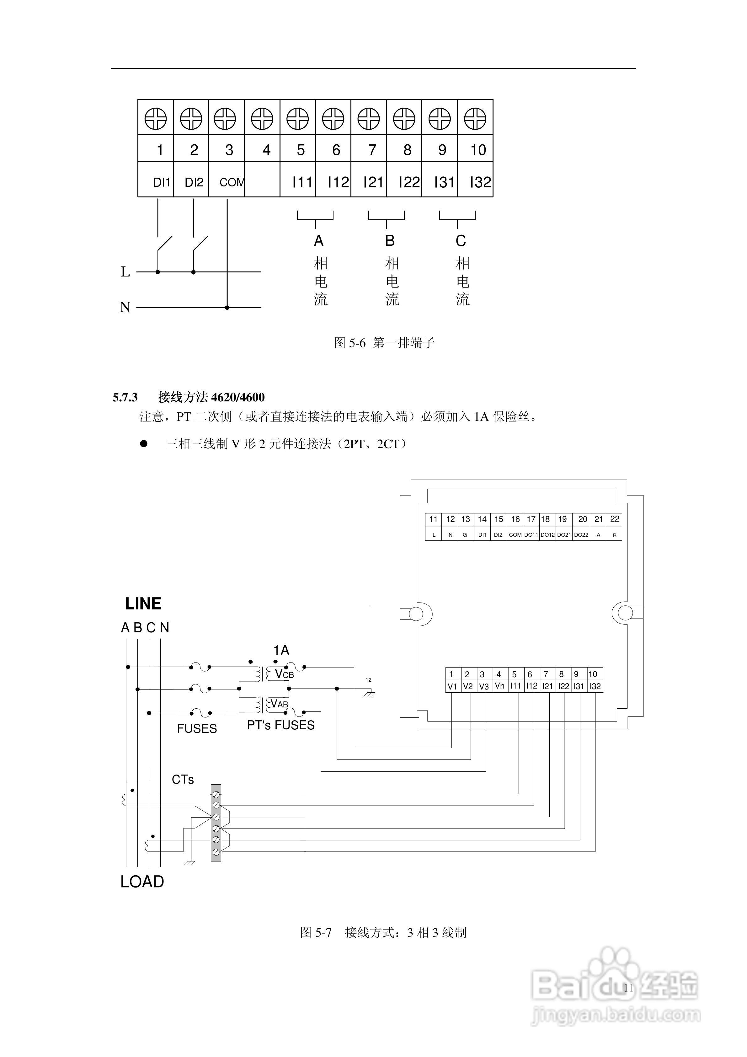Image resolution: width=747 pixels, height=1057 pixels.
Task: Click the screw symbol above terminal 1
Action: [x=156, y=119]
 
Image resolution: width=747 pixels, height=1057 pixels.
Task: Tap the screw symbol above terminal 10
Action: [x=475, y=119]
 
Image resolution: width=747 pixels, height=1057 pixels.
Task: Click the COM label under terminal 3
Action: [x=232, y=182]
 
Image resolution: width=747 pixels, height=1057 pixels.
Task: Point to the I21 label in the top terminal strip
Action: [x=373, y=182]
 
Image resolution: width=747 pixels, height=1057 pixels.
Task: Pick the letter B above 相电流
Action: [x=390, y=241]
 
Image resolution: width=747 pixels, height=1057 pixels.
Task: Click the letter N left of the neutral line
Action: [x=125, y=307]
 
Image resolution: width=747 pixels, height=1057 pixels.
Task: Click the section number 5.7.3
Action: [x=125, y=397]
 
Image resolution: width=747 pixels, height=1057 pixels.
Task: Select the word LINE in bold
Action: [x=143, y=604]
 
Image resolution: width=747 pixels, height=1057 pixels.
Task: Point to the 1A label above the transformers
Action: [x=281, y=650]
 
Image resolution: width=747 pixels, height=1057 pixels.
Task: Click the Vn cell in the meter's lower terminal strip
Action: [x=499, y=686]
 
